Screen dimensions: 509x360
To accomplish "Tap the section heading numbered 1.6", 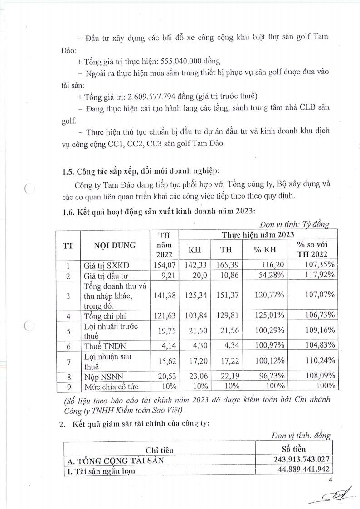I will pyautogui.click(x=159, y=210).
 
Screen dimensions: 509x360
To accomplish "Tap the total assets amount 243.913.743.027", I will pyautogui.click(x=297, y=460).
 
